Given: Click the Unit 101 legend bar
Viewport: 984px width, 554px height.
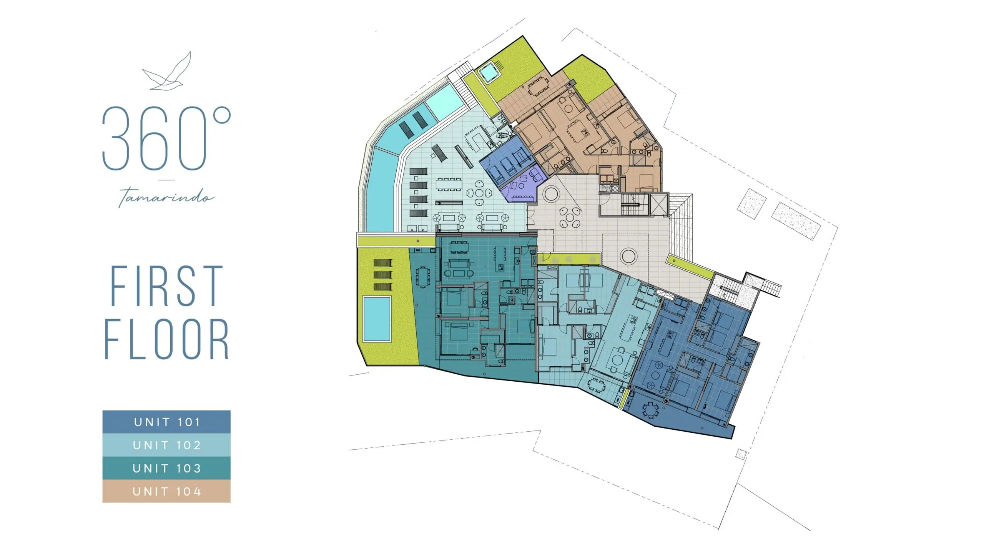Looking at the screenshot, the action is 166,422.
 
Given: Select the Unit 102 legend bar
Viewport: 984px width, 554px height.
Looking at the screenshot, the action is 166,445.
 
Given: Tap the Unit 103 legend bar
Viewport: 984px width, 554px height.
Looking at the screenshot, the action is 166,468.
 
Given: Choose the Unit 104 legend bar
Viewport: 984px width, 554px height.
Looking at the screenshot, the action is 166,491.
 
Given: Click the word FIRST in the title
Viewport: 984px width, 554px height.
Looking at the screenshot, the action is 166,286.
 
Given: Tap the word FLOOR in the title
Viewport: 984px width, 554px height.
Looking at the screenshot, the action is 166,339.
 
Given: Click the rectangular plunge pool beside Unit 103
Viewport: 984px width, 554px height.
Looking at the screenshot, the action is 377,319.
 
